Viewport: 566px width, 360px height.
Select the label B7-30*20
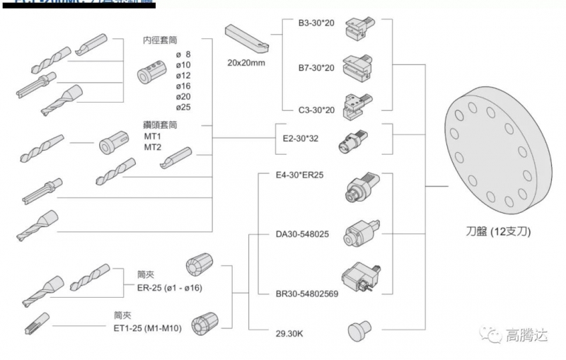[x=316, y=68]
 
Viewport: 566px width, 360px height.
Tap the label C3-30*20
[x=316, y=110]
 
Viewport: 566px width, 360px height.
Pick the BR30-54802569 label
[x=308, y=293]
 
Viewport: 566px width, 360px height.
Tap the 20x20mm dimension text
[x=246, y=62]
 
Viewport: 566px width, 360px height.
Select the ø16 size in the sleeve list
[x=183, y=86]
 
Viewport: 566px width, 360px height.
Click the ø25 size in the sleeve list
[x=183, y=107]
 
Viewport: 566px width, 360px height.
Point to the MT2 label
[x=153, y=147]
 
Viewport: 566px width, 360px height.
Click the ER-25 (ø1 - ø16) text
[x=169, y=288]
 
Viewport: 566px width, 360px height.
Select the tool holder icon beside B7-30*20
[x=358, y=68]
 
